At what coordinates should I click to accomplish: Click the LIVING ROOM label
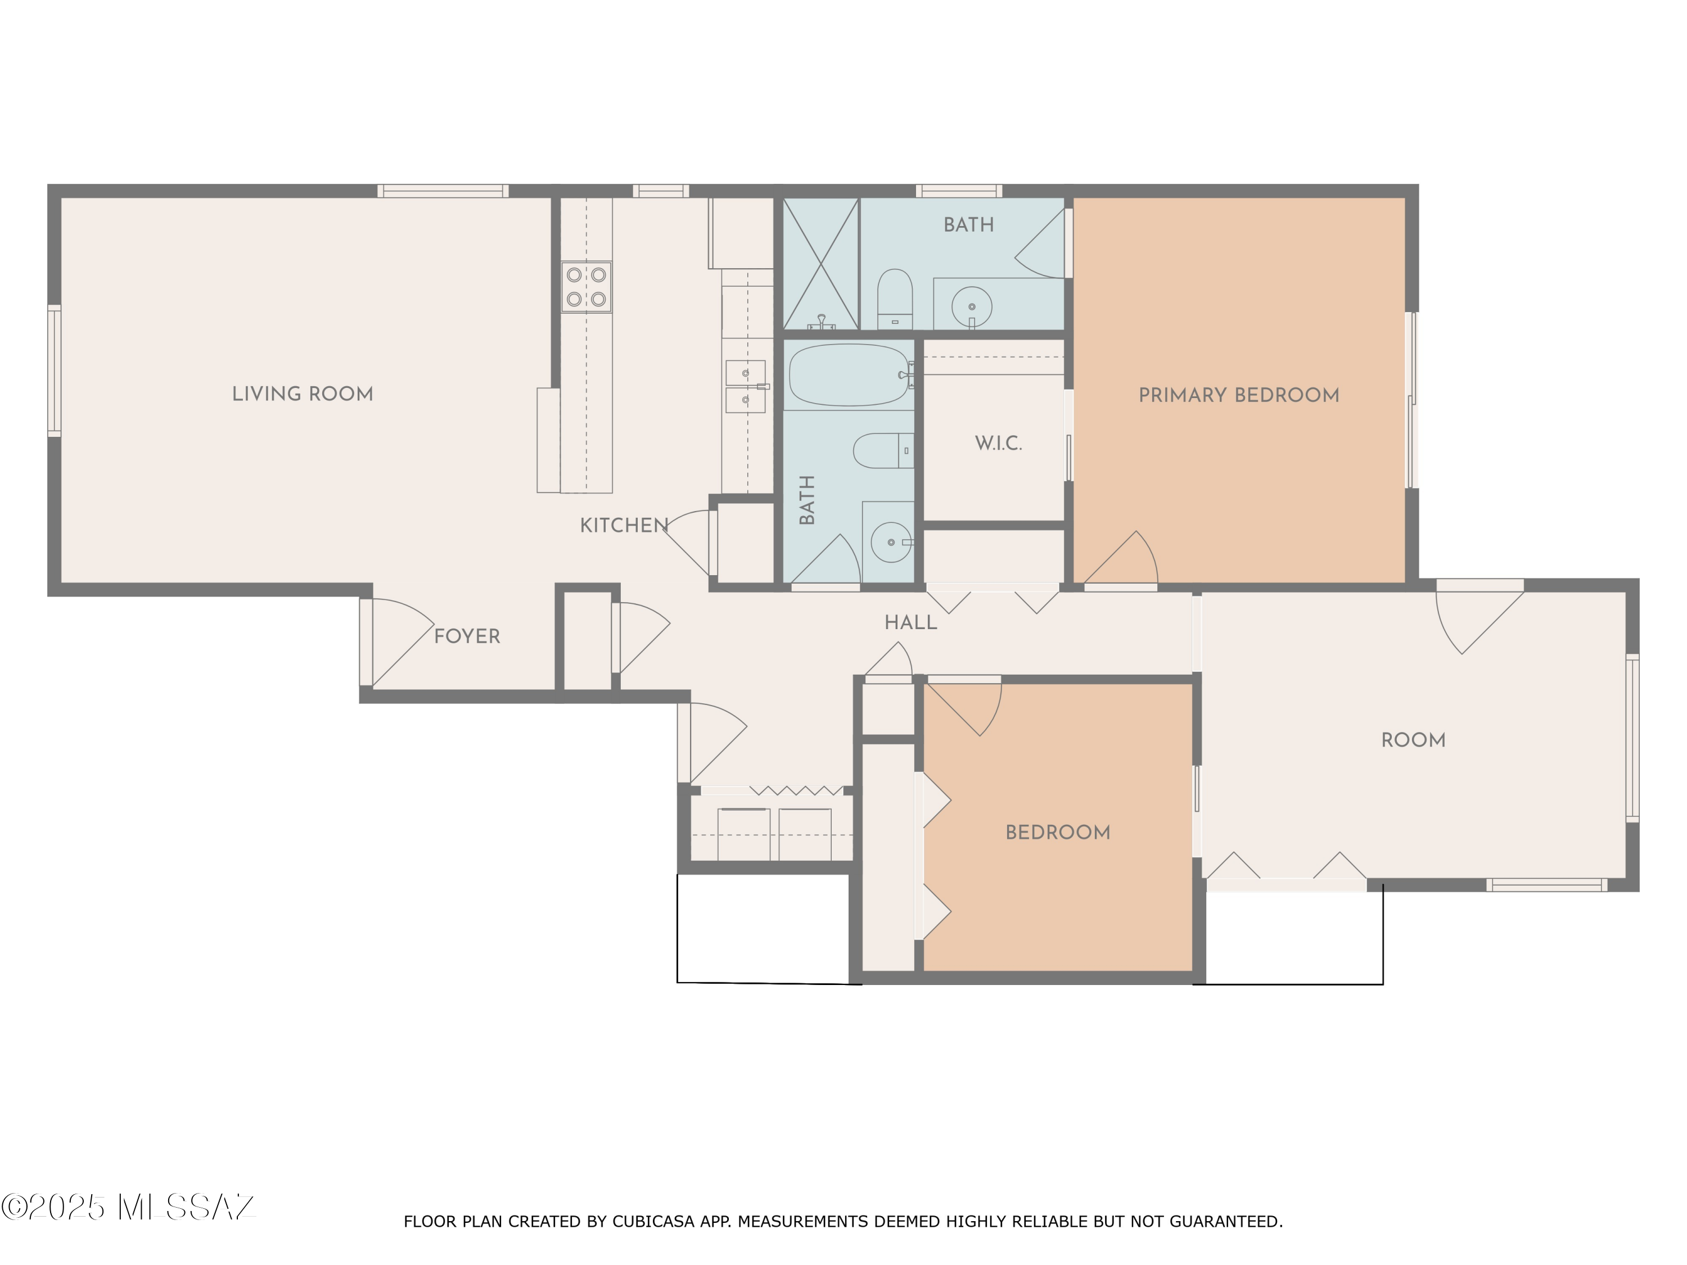(x=302, y=394)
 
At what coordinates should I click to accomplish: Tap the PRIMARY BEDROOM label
(x=1239, y=395)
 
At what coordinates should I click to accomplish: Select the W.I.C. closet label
(x=998, y=443)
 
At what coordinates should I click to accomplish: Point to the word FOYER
(x=467, y=636)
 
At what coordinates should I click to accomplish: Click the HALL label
(x=910, y=622)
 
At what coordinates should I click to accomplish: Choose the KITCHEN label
(x=624, y=525)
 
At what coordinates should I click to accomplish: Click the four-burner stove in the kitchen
(x=587, y=287)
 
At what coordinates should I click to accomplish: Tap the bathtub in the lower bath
(x=849, y=374)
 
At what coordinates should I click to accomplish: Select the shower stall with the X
(x=820, y=264)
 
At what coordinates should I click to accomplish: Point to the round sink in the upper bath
(x=972, y=306)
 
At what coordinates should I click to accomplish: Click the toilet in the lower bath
(x=883, y=451)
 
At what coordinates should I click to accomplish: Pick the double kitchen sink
(x=745, y=387)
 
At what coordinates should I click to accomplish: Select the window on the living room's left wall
(x=54, y=371)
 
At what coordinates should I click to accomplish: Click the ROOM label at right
(x=1413, y=740)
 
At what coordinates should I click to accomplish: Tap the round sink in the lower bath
(x=891, y=542)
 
